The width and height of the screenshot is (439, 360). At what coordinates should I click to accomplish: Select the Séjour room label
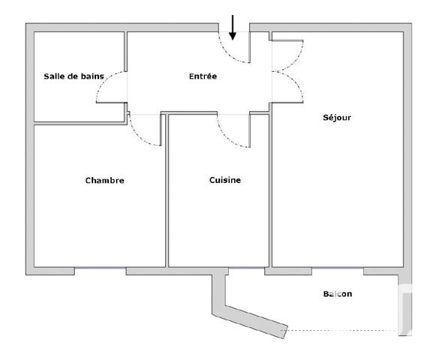click(x=337, y=118)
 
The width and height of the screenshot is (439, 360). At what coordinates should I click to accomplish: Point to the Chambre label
click(x=104, y=180)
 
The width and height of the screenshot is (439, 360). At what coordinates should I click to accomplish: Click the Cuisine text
click(x=224, y=180)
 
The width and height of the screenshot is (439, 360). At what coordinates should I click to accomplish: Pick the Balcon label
click(x=337, y=294)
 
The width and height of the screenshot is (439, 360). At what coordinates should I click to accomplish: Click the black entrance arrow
click(x=233, y=26)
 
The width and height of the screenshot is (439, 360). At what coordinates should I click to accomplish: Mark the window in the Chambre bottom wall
click(x=100, y=268)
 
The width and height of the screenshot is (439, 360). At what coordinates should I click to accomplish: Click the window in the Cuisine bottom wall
click(x=246, y=268)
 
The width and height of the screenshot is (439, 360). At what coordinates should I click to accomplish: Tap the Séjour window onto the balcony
click(x=338, y=268)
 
